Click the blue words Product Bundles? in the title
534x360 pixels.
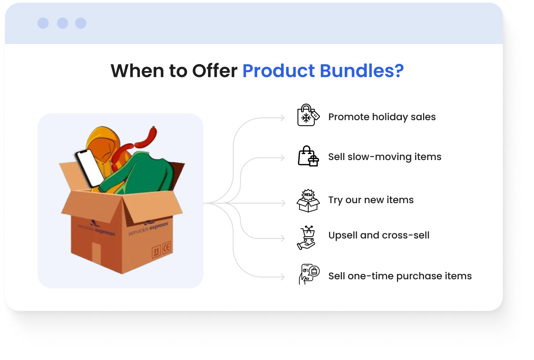click(323, 71)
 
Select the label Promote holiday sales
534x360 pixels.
click(382, 117)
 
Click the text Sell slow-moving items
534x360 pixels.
click(385, 157)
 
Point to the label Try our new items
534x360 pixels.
click(371, 200)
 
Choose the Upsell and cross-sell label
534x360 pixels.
click(379, 235)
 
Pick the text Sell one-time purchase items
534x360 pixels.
click(400, 276)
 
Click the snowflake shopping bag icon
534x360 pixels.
click(308, 115)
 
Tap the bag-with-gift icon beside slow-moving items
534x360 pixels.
click(308, 156)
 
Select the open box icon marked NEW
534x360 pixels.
click(308, 200)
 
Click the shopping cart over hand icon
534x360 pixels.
click(307, 238)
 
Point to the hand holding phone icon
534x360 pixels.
click(309, 274)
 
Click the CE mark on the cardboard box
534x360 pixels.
click(166, 248)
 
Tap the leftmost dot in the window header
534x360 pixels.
click(43, 23)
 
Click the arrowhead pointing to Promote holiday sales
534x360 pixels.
click(282, 118)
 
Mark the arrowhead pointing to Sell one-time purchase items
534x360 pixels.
click(282, 277)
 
